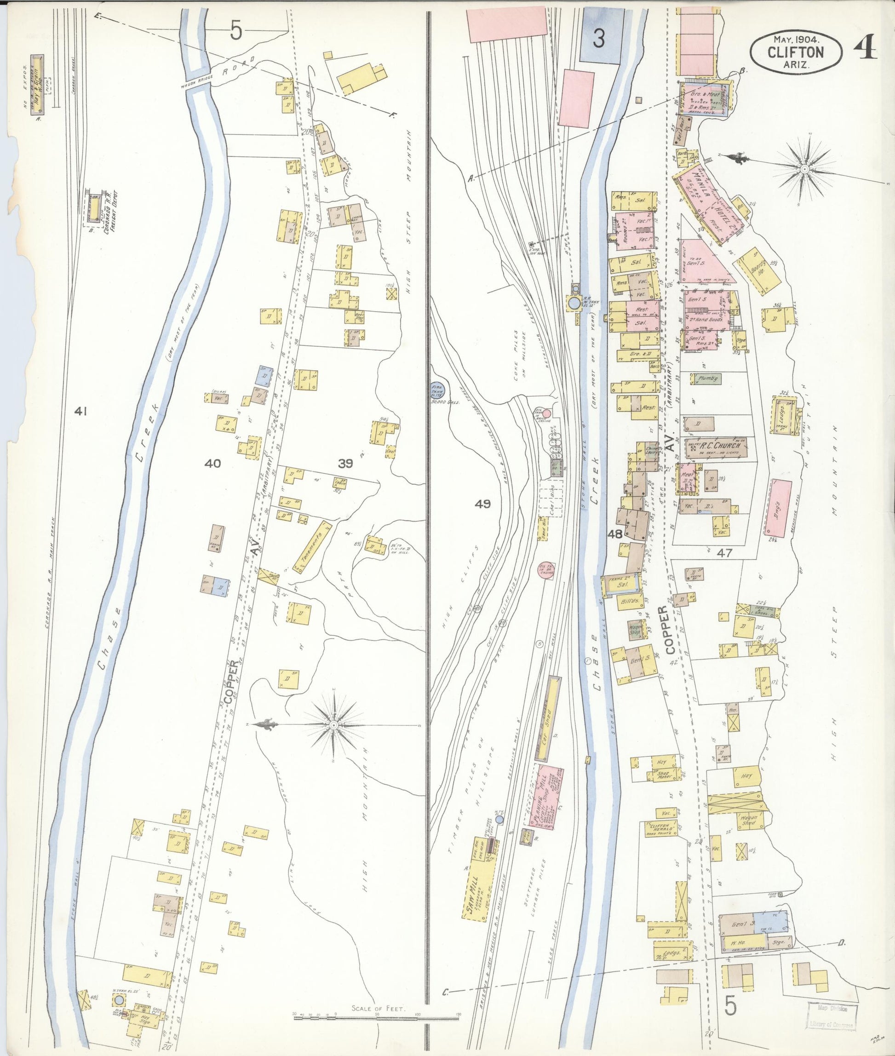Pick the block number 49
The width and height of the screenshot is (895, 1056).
coord(483,504)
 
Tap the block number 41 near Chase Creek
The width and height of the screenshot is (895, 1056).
coord(80,412)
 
